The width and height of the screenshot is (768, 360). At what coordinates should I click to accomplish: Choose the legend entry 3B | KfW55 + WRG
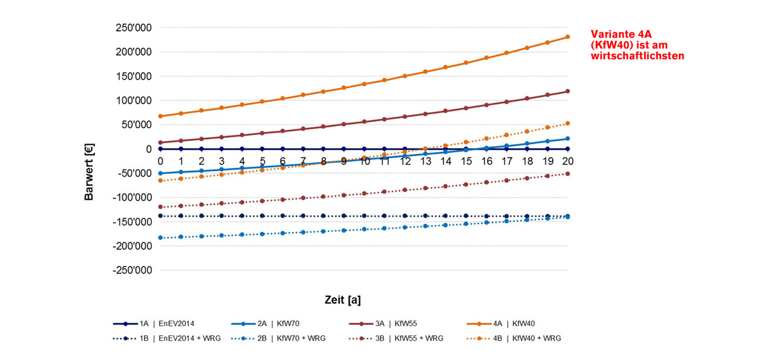[410, 338]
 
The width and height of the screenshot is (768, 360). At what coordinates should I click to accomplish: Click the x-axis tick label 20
[568, 161]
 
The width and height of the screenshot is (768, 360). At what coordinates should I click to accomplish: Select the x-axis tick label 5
[262, 161]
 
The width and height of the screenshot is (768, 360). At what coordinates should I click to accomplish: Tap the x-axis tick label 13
[425, 161]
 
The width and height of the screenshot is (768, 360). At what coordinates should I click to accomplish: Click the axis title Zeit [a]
[343, 300]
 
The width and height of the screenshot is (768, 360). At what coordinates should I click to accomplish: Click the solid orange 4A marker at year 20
[568, 37]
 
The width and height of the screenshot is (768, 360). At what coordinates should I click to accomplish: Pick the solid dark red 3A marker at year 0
[160, 142]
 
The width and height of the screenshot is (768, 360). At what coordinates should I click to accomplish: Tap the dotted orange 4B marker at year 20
[568, 124]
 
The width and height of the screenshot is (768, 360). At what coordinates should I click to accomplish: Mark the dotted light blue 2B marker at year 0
[160, 238]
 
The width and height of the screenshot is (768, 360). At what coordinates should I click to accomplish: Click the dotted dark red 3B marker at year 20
[568, 174]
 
